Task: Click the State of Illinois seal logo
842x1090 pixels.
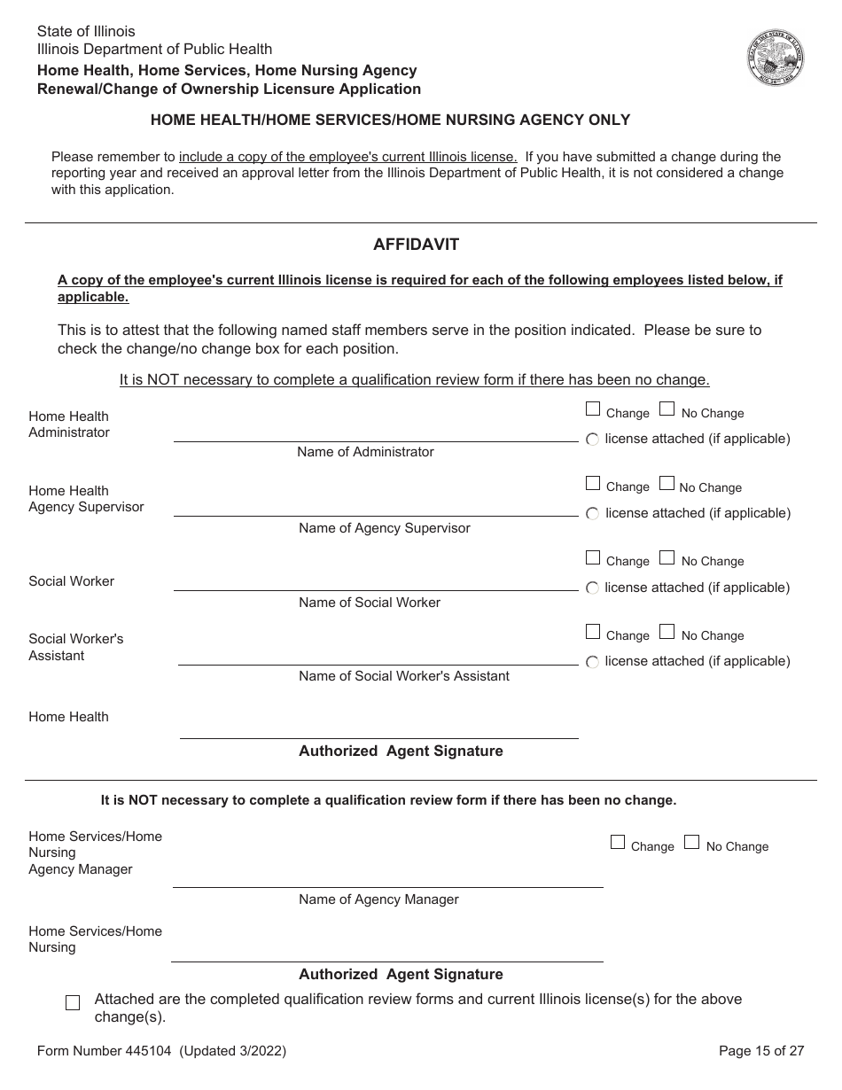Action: point(776,58)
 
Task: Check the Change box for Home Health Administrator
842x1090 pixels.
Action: point(593,409)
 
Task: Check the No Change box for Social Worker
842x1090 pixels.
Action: point(667,557)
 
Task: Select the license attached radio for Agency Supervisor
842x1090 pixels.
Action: point(593,513)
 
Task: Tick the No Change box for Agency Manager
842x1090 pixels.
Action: point(692,843)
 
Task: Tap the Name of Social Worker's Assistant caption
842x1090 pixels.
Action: point(404,676)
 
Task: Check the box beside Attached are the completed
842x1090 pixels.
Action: point(73,1002)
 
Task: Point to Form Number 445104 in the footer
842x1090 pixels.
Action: point(161,1051)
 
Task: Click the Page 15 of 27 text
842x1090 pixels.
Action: point(761,1051)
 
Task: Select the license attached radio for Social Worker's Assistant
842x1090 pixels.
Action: point(593,662)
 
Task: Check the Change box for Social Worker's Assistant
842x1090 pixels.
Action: point(593,632)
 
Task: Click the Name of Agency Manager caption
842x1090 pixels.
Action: point(378,899)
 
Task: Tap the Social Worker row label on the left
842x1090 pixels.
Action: point(71,581)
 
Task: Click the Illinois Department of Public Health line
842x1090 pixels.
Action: point(154,50)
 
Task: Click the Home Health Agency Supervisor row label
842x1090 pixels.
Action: point(86,499)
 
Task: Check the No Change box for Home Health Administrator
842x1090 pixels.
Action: point(667,409)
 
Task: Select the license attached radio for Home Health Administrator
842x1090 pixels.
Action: point(593,440)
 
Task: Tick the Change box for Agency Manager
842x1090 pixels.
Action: point(618,843)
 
